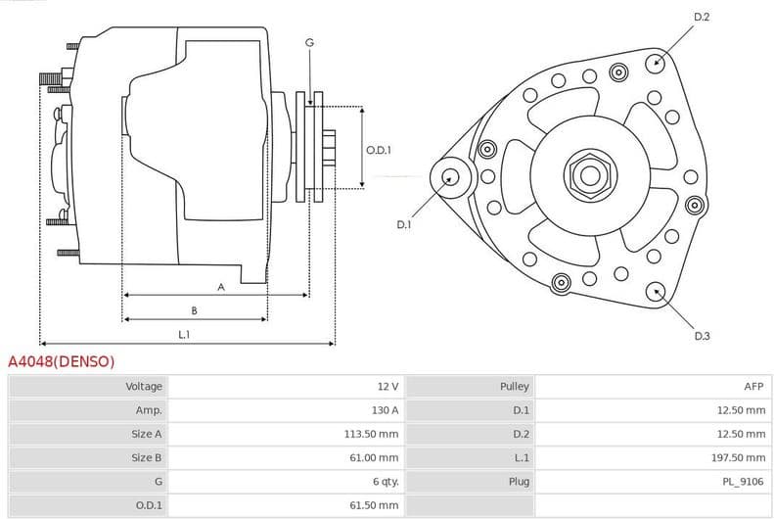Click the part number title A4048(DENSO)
point(62,362)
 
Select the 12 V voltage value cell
point(387,387)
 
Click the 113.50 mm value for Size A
point(374,434)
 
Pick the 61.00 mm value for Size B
point(376,457)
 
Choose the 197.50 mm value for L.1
point(741,457)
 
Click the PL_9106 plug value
point(744,482)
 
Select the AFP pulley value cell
point(753,387)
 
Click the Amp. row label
point(149,410)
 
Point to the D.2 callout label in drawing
point(702,17)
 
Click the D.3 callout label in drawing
point(702,336)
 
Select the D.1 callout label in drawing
point(404,225)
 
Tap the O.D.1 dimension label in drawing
point(379,150)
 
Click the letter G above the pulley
point(309,42)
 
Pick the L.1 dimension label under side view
point(184,335)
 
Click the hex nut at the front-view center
point(589,175)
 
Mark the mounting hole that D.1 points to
point(450,177)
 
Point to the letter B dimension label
point(194,310)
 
